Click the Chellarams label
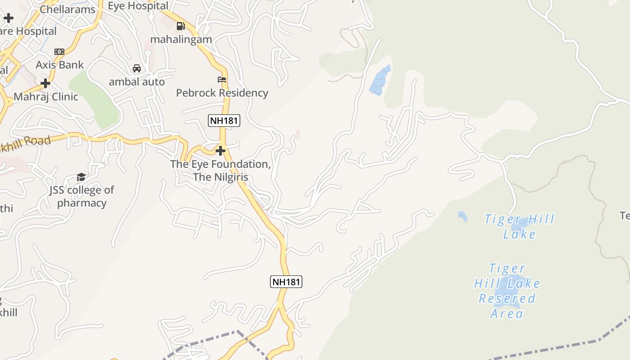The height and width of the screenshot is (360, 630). click(67, 9)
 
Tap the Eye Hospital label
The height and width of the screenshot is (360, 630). click(138, 6)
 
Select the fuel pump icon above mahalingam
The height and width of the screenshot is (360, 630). click(180, 26)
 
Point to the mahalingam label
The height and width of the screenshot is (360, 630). click(181, 39)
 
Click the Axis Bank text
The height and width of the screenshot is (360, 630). click(59, 65)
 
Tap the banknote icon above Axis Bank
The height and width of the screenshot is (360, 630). click(59, 52)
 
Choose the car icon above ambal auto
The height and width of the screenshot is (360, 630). click(137, 68)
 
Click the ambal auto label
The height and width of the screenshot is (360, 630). click(137, 82)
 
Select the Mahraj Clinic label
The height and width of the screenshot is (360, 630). click(46, 97)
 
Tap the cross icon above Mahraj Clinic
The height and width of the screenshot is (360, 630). click(45, 83)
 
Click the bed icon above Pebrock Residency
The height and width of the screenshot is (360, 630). click(222, 80)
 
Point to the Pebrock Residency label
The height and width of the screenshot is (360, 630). click(222, 93)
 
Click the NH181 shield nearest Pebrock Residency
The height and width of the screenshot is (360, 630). click(224, 121)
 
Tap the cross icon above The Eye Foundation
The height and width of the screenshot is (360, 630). click(220, 150)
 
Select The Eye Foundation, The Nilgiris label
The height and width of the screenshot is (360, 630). click(220, 171)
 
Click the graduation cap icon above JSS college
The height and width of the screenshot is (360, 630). click(81, 177)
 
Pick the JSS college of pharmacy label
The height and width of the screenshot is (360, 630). click(82, 196)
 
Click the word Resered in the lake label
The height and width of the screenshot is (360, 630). click(507, 298)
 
